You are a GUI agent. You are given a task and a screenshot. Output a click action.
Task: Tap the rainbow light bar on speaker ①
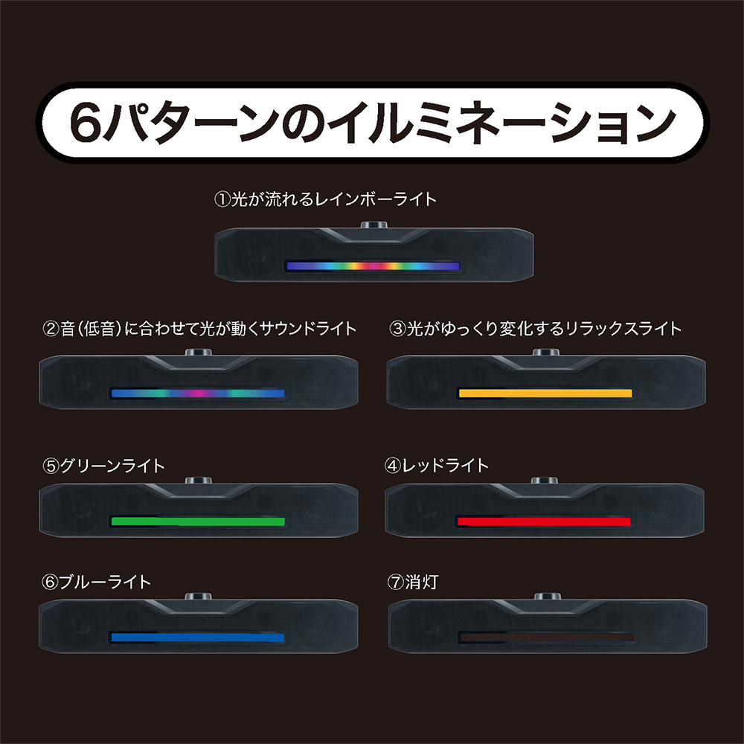pos(373,266)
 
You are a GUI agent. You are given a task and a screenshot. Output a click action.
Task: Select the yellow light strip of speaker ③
pos(545,393)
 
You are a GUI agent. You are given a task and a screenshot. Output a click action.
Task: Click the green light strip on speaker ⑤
pos(197,522)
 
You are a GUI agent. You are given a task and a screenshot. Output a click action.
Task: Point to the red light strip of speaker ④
pos(545,522)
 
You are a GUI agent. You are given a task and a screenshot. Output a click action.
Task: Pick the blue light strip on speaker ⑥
pos(197,638)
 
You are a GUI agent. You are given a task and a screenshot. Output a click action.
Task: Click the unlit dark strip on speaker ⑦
pos(545,638)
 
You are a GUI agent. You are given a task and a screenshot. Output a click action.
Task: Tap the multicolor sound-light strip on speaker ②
pos(197,393)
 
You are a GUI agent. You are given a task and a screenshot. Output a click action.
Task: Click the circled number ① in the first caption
pos(220,199)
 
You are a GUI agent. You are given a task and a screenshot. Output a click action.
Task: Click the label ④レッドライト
pos(437,466)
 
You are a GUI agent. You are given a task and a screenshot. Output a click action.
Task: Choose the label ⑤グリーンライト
pos(104,466)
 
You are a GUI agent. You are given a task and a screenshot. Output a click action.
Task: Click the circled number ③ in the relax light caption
pos(397,328)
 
